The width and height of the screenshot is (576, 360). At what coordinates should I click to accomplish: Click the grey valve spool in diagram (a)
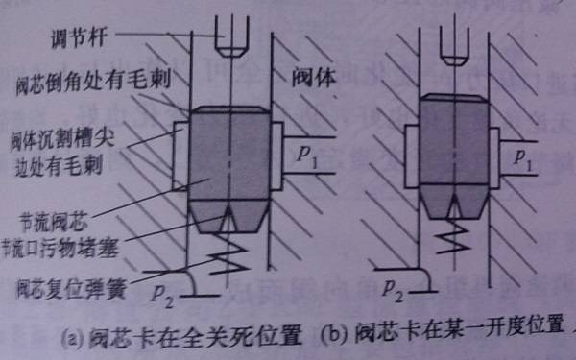pos(230,154)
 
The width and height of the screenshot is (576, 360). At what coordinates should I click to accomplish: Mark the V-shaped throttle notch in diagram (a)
pos(230,221)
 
